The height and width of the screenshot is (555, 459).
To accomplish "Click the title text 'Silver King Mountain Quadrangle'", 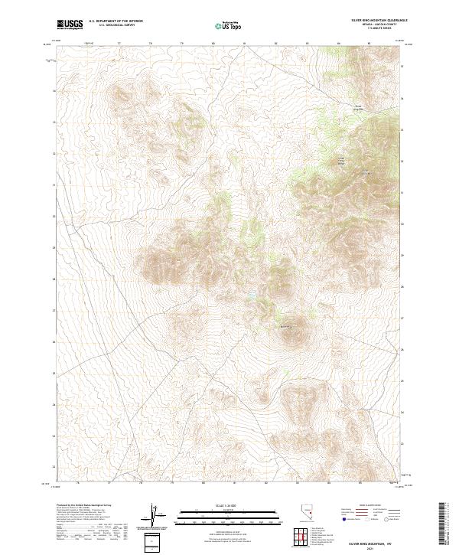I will [379, 21].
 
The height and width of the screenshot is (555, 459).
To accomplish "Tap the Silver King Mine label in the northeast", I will [356, 106].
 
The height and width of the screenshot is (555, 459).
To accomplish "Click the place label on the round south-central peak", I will [288, 328].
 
